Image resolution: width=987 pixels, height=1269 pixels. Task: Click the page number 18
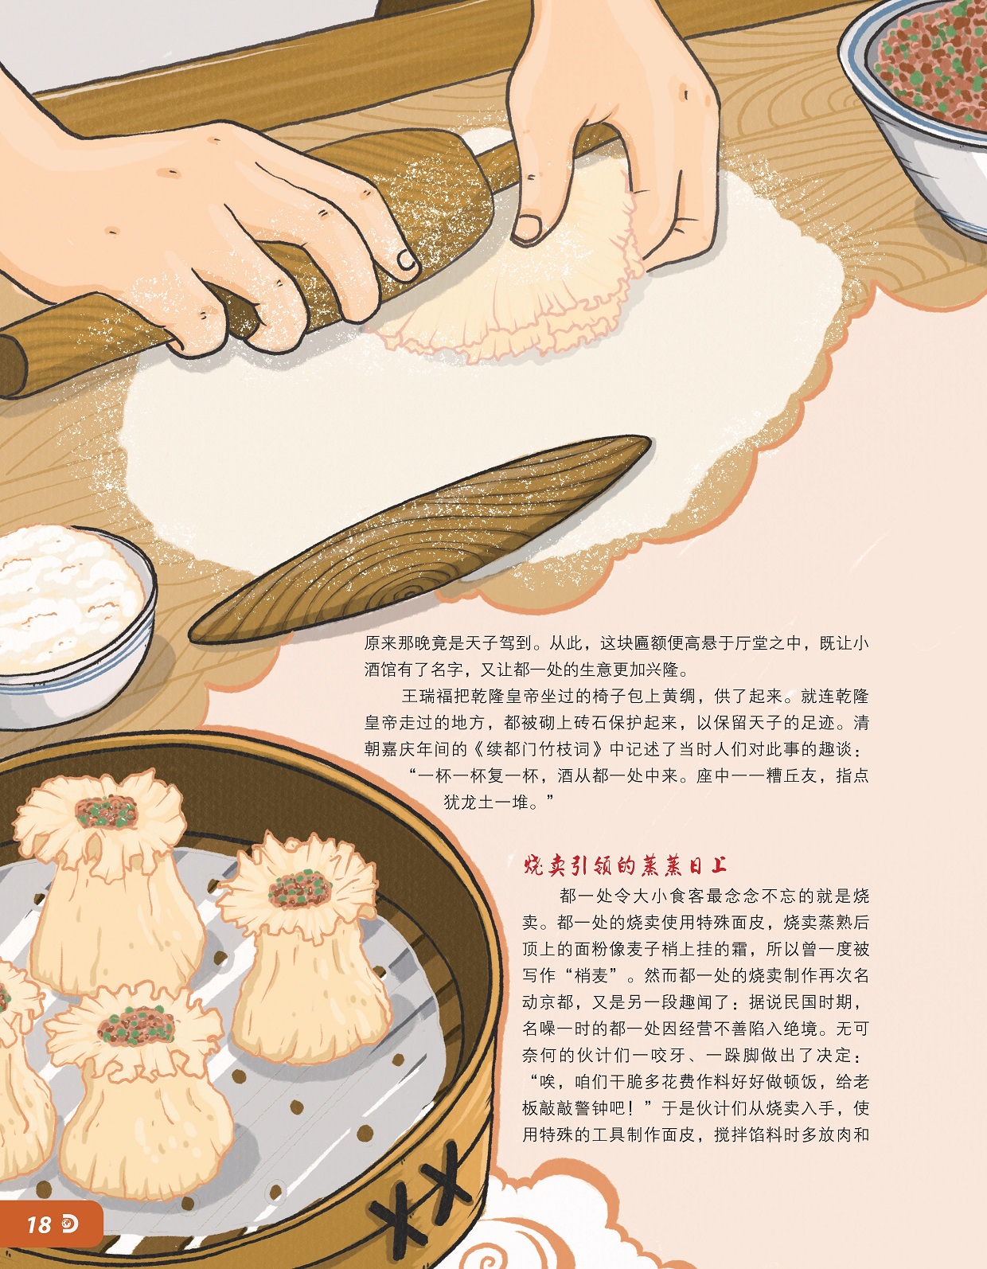click(39, 1224)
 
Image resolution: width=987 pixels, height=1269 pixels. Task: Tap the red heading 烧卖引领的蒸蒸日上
click(625, 865)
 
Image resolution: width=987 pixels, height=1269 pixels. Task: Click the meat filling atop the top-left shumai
click(107, 811)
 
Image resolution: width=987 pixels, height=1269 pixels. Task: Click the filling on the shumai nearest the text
click(299, 889)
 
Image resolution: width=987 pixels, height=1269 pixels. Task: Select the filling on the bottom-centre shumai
click(136, 1026)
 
